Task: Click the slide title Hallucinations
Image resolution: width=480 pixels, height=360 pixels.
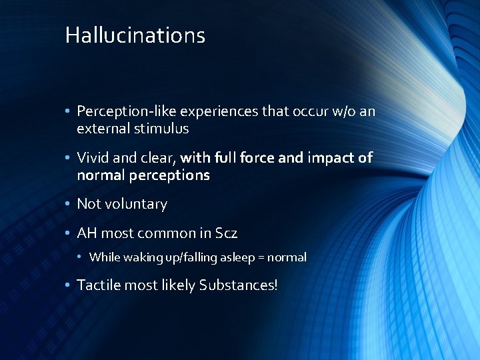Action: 135,35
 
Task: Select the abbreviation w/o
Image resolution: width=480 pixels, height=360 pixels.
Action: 343,111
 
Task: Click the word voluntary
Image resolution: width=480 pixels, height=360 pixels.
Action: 134,204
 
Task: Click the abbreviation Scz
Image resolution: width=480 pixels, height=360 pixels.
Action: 227,233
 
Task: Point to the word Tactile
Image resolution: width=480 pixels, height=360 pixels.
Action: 99,285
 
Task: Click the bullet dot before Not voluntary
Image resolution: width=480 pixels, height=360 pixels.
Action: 69,204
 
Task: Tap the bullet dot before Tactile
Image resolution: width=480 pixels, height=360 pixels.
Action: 69,285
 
